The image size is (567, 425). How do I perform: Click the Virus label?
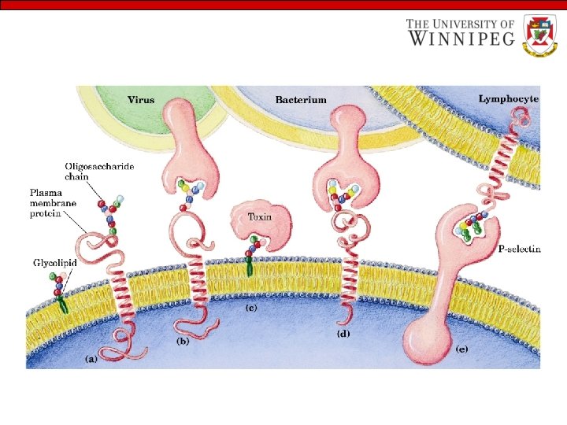(x=141, y=100)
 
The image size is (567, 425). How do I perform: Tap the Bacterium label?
(x=301, y=100)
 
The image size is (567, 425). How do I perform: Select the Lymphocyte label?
(x=509, y=98)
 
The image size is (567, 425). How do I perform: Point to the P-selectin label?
(x=519, y=249)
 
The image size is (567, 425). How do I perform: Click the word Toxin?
(x=260, y=216)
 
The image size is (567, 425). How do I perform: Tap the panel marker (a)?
(x=92, y=358)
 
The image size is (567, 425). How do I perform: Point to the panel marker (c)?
(x=252, y=306)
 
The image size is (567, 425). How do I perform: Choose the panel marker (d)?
(x=343, y=334)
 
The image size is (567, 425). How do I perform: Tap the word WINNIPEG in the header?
(x=461, y=37)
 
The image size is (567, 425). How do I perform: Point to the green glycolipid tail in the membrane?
(x=61, y=304)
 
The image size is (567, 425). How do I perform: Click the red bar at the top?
(x=283, y=5)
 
